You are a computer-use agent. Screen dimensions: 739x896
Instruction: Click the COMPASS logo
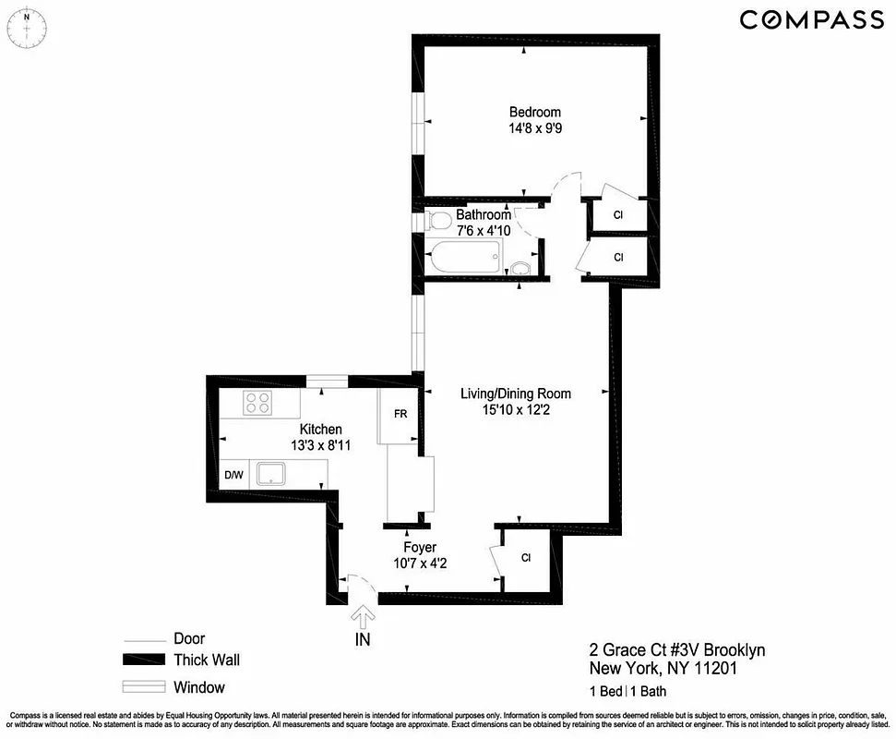[x=811, y=19]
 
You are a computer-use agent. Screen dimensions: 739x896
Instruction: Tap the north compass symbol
[x=29, y=24]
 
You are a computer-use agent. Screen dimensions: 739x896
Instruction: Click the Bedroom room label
[x=535, y=113]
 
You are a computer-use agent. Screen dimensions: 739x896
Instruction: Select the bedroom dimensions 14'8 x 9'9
[x=535, y=129]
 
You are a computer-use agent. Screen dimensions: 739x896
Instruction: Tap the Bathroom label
[x=483, y=214]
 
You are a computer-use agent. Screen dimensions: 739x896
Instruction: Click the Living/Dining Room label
[x=516, y=394]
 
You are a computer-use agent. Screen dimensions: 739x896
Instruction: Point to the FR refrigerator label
[x=400, y=414]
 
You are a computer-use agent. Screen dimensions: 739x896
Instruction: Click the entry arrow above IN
[x=363, y=613]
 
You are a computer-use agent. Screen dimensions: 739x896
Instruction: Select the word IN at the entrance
[x=363, y=638]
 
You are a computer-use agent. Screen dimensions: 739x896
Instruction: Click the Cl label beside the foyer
[x=526, y=558]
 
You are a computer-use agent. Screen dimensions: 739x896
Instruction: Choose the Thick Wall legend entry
[x=206, y=660]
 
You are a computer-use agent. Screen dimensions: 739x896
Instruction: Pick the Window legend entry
[x=198, y=687]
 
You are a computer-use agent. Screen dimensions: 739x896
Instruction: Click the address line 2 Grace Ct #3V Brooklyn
[x=677, y=650]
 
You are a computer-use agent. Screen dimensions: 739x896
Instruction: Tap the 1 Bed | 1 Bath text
[x=628, y=691]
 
